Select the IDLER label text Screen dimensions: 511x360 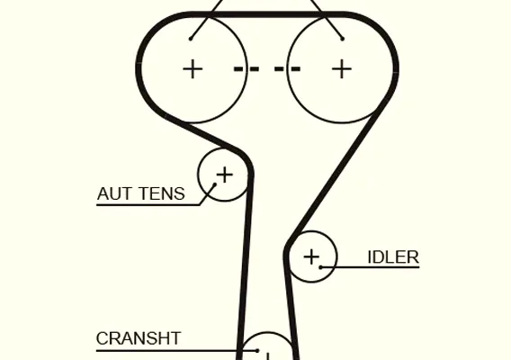pyautogui.click(x=393, y=257)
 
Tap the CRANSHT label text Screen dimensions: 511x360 pyautogui.click(x=139, y=338)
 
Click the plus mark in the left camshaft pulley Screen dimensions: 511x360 pyautogui.click(x=193, y=68)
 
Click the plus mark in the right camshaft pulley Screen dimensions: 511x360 pyautogui.click(x=342, y=68)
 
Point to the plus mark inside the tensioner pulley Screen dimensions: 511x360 pyautogui.click(x=225, y=175)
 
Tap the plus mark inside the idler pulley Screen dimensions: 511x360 pyautogui.click(x=311, y=257)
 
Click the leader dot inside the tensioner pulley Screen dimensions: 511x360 pyautogui.click(x=215, y=184)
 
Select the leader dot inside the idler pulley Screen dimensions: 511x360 pyautogui.click(x=320, y=267)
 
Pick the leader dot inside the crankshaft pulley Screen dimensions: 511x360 pyautogui.click(x=257, y=350)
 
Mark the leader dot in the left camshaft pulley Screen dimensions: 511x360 pyautogui.click(x=191, y=39)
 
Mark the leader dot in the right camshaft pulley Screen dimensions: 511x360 pyautogui.click(x=342, y=39)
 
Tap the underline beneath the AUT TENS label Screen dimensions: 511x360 pyautogui.click(x=148, y=205)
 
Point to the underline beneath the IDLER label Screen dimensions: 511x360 pyautogui.click(x=371, y=267)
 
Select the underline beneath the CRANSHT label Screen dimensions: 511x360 pyautogui.click(x=176, y=351)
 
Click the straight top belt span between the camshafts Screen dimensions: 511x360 pyautogui.click(x=267, y=14)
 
